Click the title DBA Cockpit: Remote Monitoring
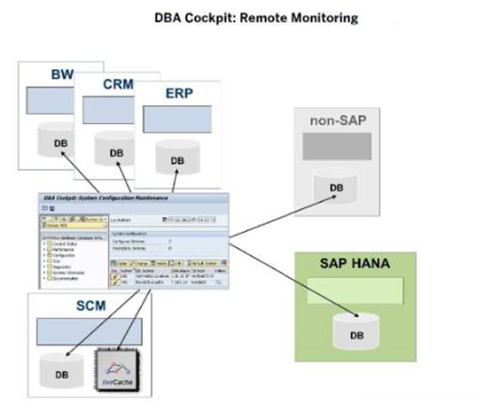point(249,18)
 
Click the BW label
point(61,75)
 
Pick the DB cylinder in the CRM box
point(115,151)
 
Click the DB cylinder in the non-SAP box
point(336,187)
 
